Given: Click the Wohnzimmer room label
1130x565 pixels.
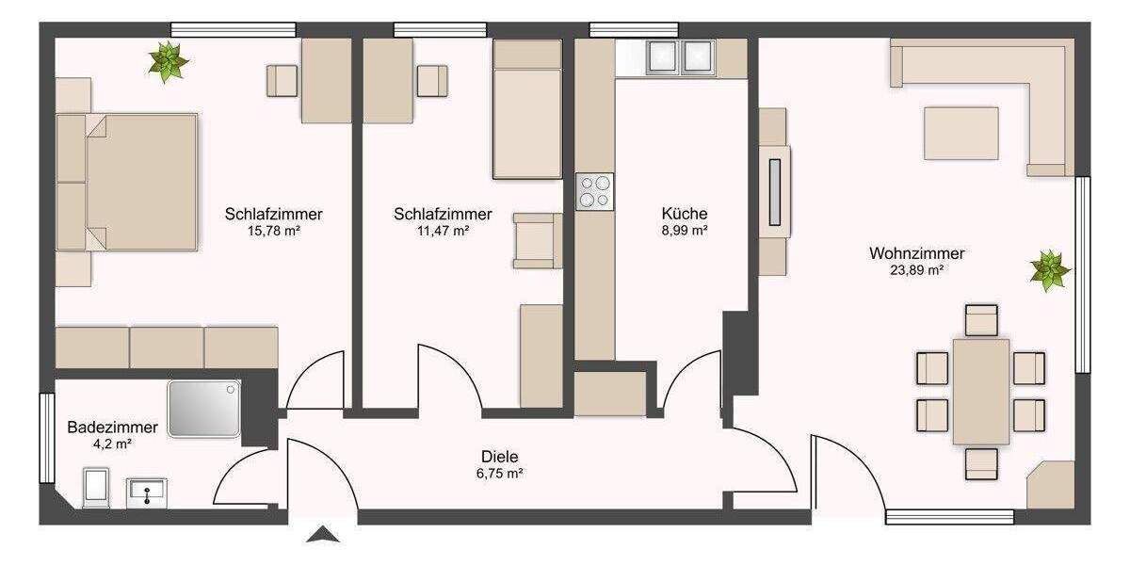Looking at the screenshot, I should (916, 252).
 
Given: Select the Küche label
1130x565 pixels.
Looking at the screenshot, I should (685, 214).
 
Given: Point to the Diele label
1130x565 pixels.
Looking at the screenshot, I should (500, 456).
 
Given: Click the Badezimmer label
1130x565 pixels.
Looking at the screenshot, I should (99, 427).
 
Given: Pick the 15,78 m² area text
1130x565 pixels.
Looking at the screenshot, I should (273, 230).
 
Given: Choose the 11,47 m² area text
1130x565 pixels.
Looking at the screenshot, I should (443, 230).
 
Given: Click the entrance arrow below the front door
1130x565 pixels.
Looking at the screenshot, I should (323, 535).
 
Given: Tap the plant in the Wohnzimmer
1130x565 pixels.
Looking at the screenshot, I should (1048, 270).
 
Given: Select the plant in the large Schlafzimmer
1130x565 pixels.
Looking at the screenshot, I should (169, 61).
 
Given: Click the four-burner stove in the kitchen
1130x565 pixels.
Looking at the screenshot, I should (594, 191).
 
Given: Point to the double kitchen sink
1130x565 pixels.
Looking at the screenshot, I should (678, 56).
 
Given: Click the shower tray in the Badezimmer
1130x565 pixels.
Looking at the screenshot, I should (204, 409).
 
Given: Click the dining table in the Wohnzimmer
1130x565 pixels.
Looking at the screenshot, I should (981, 391).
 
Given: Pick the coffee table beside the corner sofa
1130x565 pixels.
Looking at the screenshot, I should (960, 133).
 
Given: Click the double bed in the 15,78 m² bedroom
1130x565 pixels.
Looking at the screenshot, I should (129, 182).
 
